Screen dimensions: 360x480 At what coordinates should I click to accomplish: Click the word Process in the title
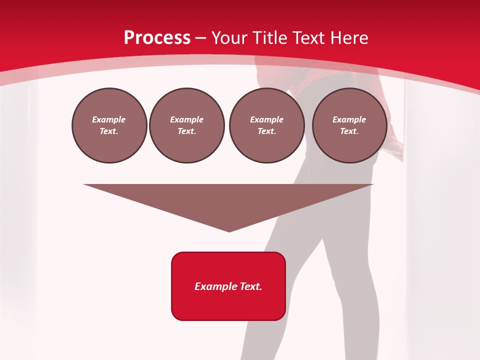click(157, 38)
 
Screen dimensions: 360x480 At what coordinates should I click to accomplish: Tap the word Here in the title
click(349, 38)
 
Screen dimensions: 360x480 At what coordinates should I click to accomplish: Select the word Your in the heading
click(229, 38)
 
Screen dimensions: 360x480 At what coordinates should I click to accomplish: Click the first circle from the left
click(109, 125)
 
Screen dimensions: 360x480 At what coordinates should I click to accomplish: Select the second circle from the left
click(187, 125)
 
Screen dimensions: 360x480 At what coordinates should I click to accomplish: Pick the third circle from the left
click(266, 125)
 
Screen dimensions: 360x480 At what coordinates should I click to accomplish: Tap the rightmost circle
click(349, 125)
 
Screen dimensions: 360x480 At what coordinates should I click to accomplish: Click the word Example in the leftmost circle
click(109, 119)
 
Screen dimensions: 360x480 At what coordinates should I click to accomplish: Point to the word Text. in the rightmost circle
click(349, 131)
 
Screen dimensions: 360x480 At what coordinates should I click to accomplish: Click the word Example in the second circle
click(187, 119)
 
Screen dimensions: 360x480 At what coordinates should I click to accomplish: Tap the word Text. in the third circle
click(266, 131)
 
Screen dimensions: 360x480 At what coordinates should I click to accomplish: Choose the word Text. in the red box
click(251, 286)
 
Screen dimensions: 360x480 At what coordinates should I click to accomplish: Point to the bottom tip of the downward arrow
click(229, 231)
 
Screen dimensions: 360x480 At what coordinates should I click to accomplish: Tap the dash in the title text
click(200, 38)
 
